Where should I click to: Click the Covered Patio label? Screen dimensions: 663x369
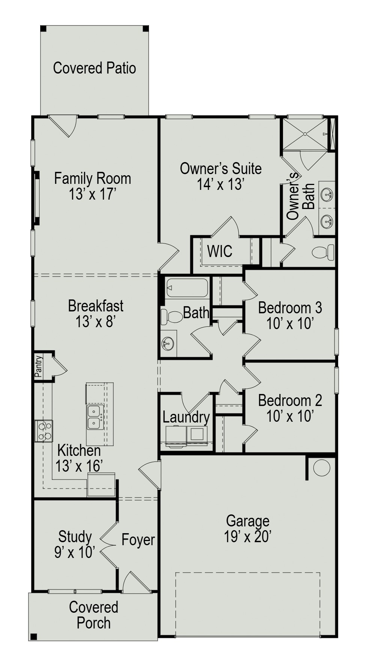pos(94,68)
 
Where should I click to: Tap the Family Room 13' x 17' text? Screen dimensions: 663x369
pos(92,186)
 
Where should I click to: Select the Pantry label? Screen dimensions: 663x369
pos(39,366)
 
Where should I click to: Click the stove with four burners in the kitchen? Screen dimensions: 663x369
pos(44,431)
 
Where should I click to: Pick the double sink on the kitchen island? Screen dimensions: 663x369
pos(95,417)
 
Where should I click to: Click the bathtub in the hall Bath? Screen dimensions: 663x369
pos(187,288)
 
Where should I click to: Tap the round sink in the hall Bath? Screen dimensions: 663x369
pos(168,342)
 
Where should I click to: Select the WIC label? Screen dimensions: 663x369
pos(220,251)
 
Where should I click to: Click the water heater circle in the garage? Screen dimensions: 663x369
pos(321,468)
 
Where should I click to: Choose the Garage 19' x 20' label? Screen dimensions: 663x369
pos(248,529)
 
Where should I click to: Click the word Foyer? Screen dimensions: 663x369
pos(138,540)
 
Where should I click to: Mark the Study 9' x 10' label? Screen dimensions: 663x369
pos(75,544)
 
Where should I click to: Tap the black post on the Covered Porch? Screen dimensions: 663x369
pos(33,636)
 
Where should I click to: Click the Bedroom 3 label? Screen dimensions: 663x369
pos(290,315)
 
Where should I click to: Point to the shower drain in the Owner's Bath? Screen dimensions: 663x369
pos(306,134)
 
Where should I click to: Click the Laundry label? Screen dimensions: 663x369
pos(186,417)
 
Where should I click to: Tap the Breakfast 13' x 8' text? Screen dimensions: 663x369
pos(95,313)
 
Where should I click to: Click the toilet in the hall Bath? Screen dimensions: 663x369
pos(171,317)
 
